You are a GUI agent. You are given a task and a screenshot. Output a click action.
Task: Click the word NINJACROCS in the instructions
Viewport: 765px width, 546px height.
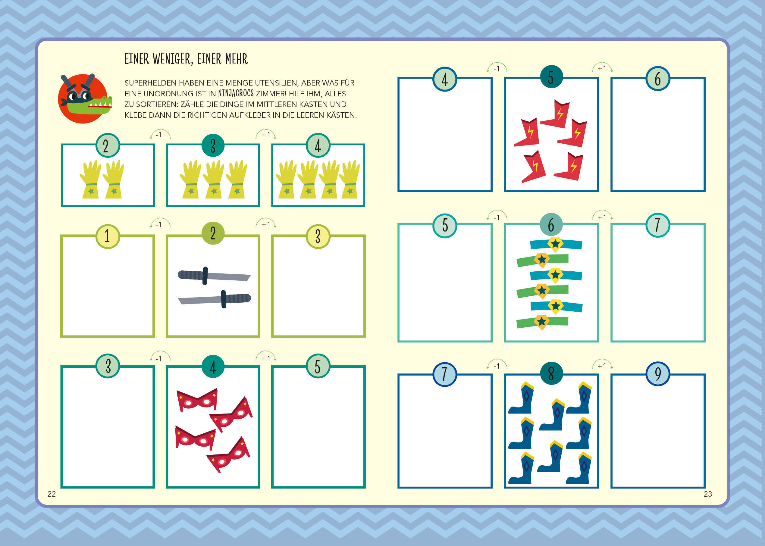point(236,93)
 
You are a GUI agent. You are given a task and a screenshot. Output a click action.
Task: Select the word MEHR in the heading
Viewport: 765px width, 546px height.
point(237,59)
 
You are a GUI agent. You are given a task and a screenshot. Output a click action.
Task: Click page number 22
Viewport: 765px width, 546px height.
point(52,494)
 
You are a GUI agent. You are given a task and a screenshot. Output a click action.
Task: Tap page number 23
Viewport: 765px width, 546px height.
point(708,494)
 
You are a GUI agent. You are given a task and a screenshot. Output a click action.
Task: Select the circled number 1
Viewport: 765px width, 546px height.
point(108,236)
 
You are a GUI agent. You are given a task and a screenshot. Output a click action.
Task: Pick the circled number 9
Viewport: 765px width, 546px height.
point(658,373)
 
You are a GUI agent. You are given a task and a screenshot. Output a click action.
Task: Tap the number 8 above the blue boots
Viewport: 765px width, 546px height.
point(551,373)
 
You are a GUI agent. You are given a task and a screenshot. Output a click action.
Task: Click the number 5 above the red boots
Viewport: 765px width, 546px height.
point(551,77)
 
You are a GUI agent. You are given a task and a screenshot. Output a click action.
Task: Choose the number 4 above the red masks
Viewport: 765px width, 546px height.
point(213,367)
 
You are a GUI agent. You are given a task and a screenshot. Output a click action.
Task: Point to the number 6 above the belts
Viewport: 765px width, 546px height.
point(551,225)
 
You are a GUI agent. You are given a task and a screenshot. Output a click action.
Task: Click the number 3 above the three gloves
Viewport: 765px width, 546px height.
point(213,145)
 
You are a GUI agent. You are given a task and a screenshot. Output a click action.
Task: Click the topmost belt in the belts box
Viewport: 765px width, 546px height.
point(556,244)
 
